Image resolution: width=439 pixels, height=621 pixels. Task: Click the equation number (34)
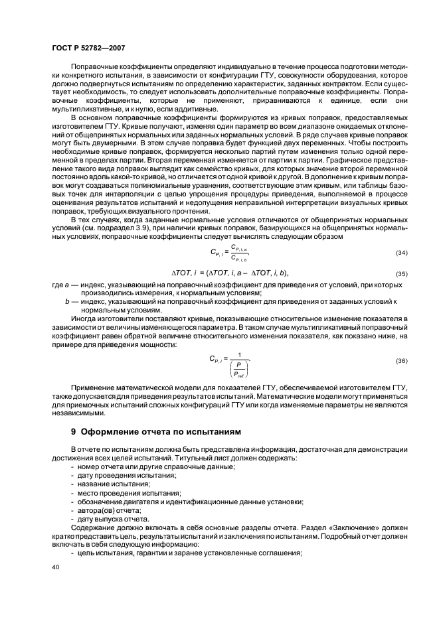tap(401, 253)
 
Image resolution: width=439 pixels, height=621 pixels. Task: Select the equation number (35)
tap(401, 273)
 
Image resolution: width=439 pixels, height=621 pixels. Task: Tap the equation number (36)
tap(401, 361)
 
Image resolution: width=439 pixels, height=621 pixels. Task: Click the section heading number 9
tap(74, 431)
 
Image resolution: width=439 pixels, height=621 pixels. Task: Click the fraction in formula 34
tap(237, 253)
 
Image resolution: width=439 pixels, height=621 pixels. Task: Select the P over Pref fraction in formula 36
tap(237, 367)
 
